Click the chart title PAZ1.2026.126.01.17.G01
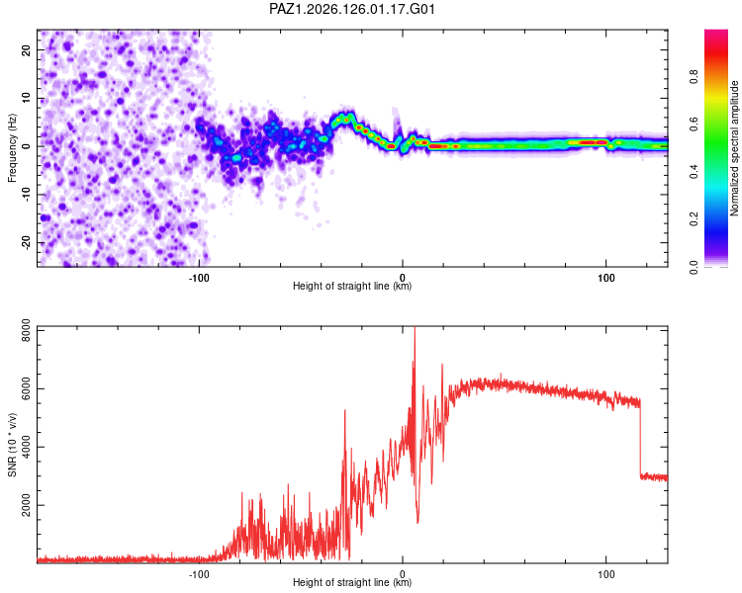pyautogui.click(x=351, y=9)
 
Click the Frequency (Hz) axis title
pyautogui.click(x=12, y=148)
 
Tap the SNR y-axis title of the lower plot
pyautogui.click(x=12, y=445)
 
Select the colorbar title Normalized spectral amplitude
pyautogui.click(x=734, y=148)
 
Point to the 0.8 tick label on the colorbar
pyautogui.click(x=694, y=76)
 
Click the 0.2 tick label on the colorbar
pyautogui.click(x=694, y=219)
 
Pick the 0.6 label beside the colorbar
pyautogui.click(x=694, y=124)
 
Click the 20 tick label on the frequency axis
pyautogui.click(x=27, y=49)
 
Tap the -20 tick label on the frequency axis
pyautogui.click(x=27, y=243)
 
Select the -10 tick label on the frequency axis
pyautogui.click(x=27, y=195)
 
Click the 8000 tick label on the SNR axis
pyautogui.click(x=27, y=330)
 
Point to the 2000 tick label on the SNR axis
pyautogui.click(x=27, y=505)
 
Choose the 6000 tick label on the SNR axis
pyautogui.click(x=27, y=388)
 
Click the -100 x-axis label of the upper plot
pyautogui.click(x=199, y=278)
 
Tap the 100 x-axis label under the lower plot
pyautogui.click(x=606, y=574)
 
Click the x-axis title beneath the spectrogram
pyautogui.click(x=352, y=286)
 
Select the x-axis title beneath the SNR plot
pyautogui.click(x=352, y=582)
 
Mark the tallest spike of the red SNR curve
pyautogui.click(x=415, y=328)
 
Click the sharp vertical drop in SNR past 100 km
pyautogui.click(x=640, y=439)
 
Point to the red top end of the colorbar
pyautogui.click(x=716, y=33)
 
